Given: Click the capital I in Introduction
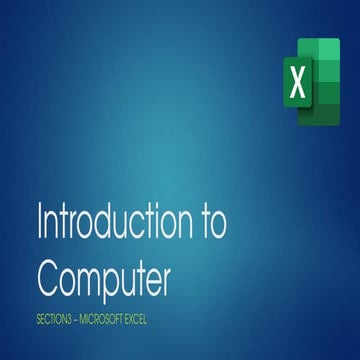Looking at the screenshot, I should click(39, 222).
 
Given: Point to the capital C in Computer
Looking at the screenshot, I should click(51, 273).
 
